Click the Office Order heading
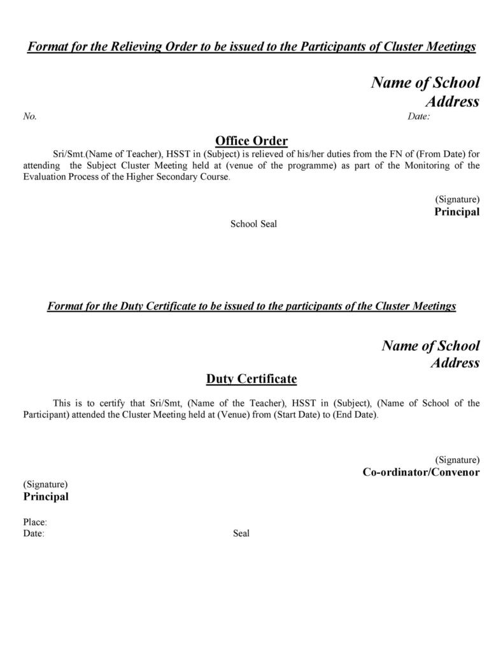[x=251, y=141]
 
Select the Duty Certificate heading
[x=251, y=379]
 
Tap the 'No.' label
[x=30, y=116]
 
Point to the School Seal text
[x=253, y=224]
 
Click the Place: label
[x=35, y=522]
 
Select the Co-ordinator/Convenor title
[x=421, y=472]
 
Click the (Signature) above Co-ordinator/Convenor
[x=457, y=460]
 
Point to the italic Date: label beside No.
[x=418, y=116]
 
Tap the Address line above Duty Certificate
[x=455, y=363]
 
